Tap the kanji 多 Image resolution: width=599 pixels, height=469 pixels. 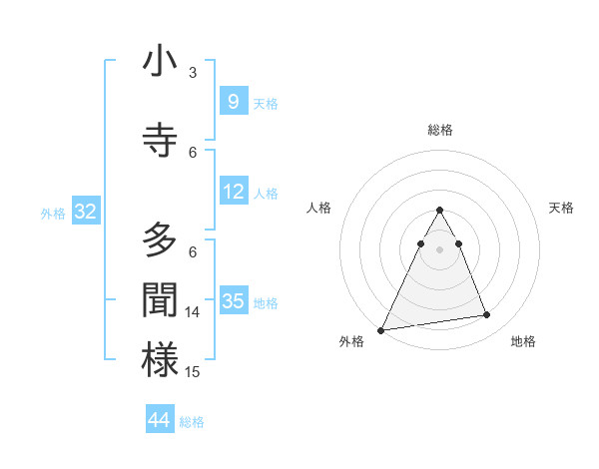(160, 240)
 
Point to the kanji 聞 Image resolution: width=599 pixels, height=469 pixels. (160, 301)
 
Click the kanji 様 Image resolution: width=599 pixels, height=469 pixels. (160, 360)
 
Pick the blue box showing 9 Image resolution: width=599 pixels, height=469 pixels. (233, 102)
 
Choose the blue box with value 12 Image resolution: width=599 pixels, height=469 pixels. (234, 192)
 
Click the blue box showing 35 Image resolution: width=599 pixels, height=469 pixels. (234, 301)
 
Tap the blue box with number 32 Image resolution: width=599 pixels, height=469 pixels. (85, 212)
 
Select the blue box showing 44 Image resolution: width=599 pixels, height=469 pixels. (160, 420)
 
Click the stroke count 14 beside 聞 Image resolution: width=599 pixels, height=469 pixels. (193, 312)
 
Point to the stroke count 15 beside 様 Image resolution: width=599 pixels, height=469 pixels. (193, 372)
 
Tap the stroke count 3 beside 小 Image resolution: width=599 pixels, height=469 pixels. (193, 73)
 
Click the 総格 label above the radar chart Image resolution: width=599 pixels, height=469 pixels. (439, 130)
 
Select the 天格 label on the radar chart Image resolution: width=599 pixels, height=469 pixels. (562, 208)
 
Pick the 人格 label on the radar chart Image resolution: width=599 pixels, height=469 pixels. (318, 208)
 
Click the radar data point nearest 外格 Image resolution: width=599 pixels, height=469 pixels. (381, 329)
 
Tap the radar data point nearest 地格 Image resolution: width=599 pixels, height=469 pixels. (487, 315)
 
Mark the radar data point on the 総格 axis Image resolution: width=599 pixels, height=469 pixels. (439, 211)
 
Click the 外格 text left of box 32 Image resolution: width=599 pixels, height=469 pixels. (53, 213)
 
